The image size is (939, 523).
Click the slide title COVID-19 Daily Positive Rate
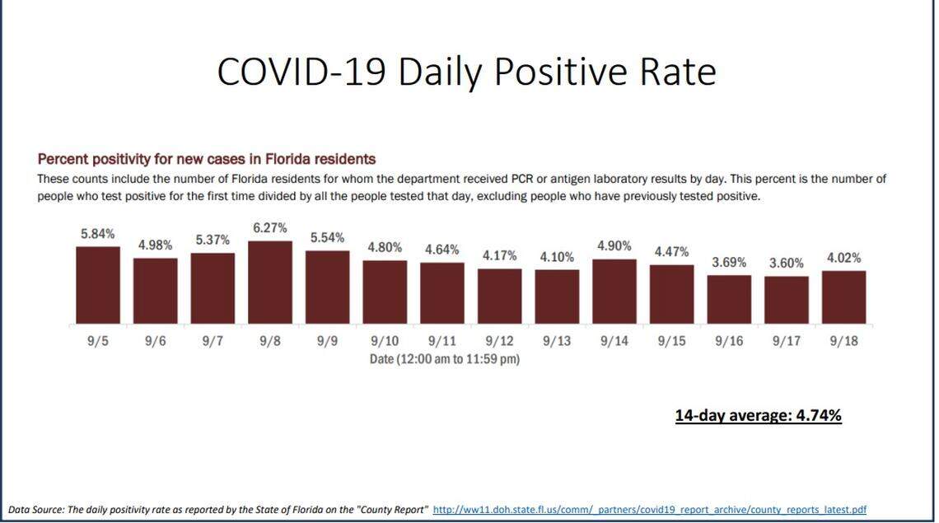point(466,72)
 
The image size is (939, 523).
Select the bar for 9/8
point(269,283)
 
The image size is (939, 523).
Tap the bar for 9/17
point(786,300)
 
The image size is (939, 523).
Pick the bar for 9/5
point(98,285)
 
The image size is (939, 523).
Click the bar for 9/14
point(614,292)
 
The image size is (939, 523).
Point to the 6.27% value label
point(269,228)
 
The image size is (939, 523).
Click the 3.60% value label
point(786,264)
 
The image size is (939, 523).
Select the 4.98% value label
point(155,245)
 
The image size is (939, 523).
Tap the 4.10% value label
point(557,257)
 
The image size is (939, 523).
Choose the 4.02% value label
point(843,258)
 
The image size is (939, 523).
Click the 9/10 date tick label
point(385,341)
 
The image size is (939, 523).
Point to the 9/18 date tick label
point(843,341)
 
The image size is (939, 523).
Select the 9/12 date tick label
point(499,341)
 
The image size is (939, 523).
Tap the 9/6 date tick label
point(155,341)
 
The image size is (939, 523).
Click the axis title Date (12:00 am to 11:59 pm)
point(445,359)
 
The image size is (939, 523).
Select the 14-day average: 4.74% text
point(758,415)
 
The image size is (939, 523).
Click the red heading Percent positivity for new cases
point(207,159)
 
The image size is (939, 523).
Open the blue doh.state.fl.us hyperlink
point(649,510)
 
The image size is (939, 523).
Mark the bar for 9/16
point(729,299)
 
